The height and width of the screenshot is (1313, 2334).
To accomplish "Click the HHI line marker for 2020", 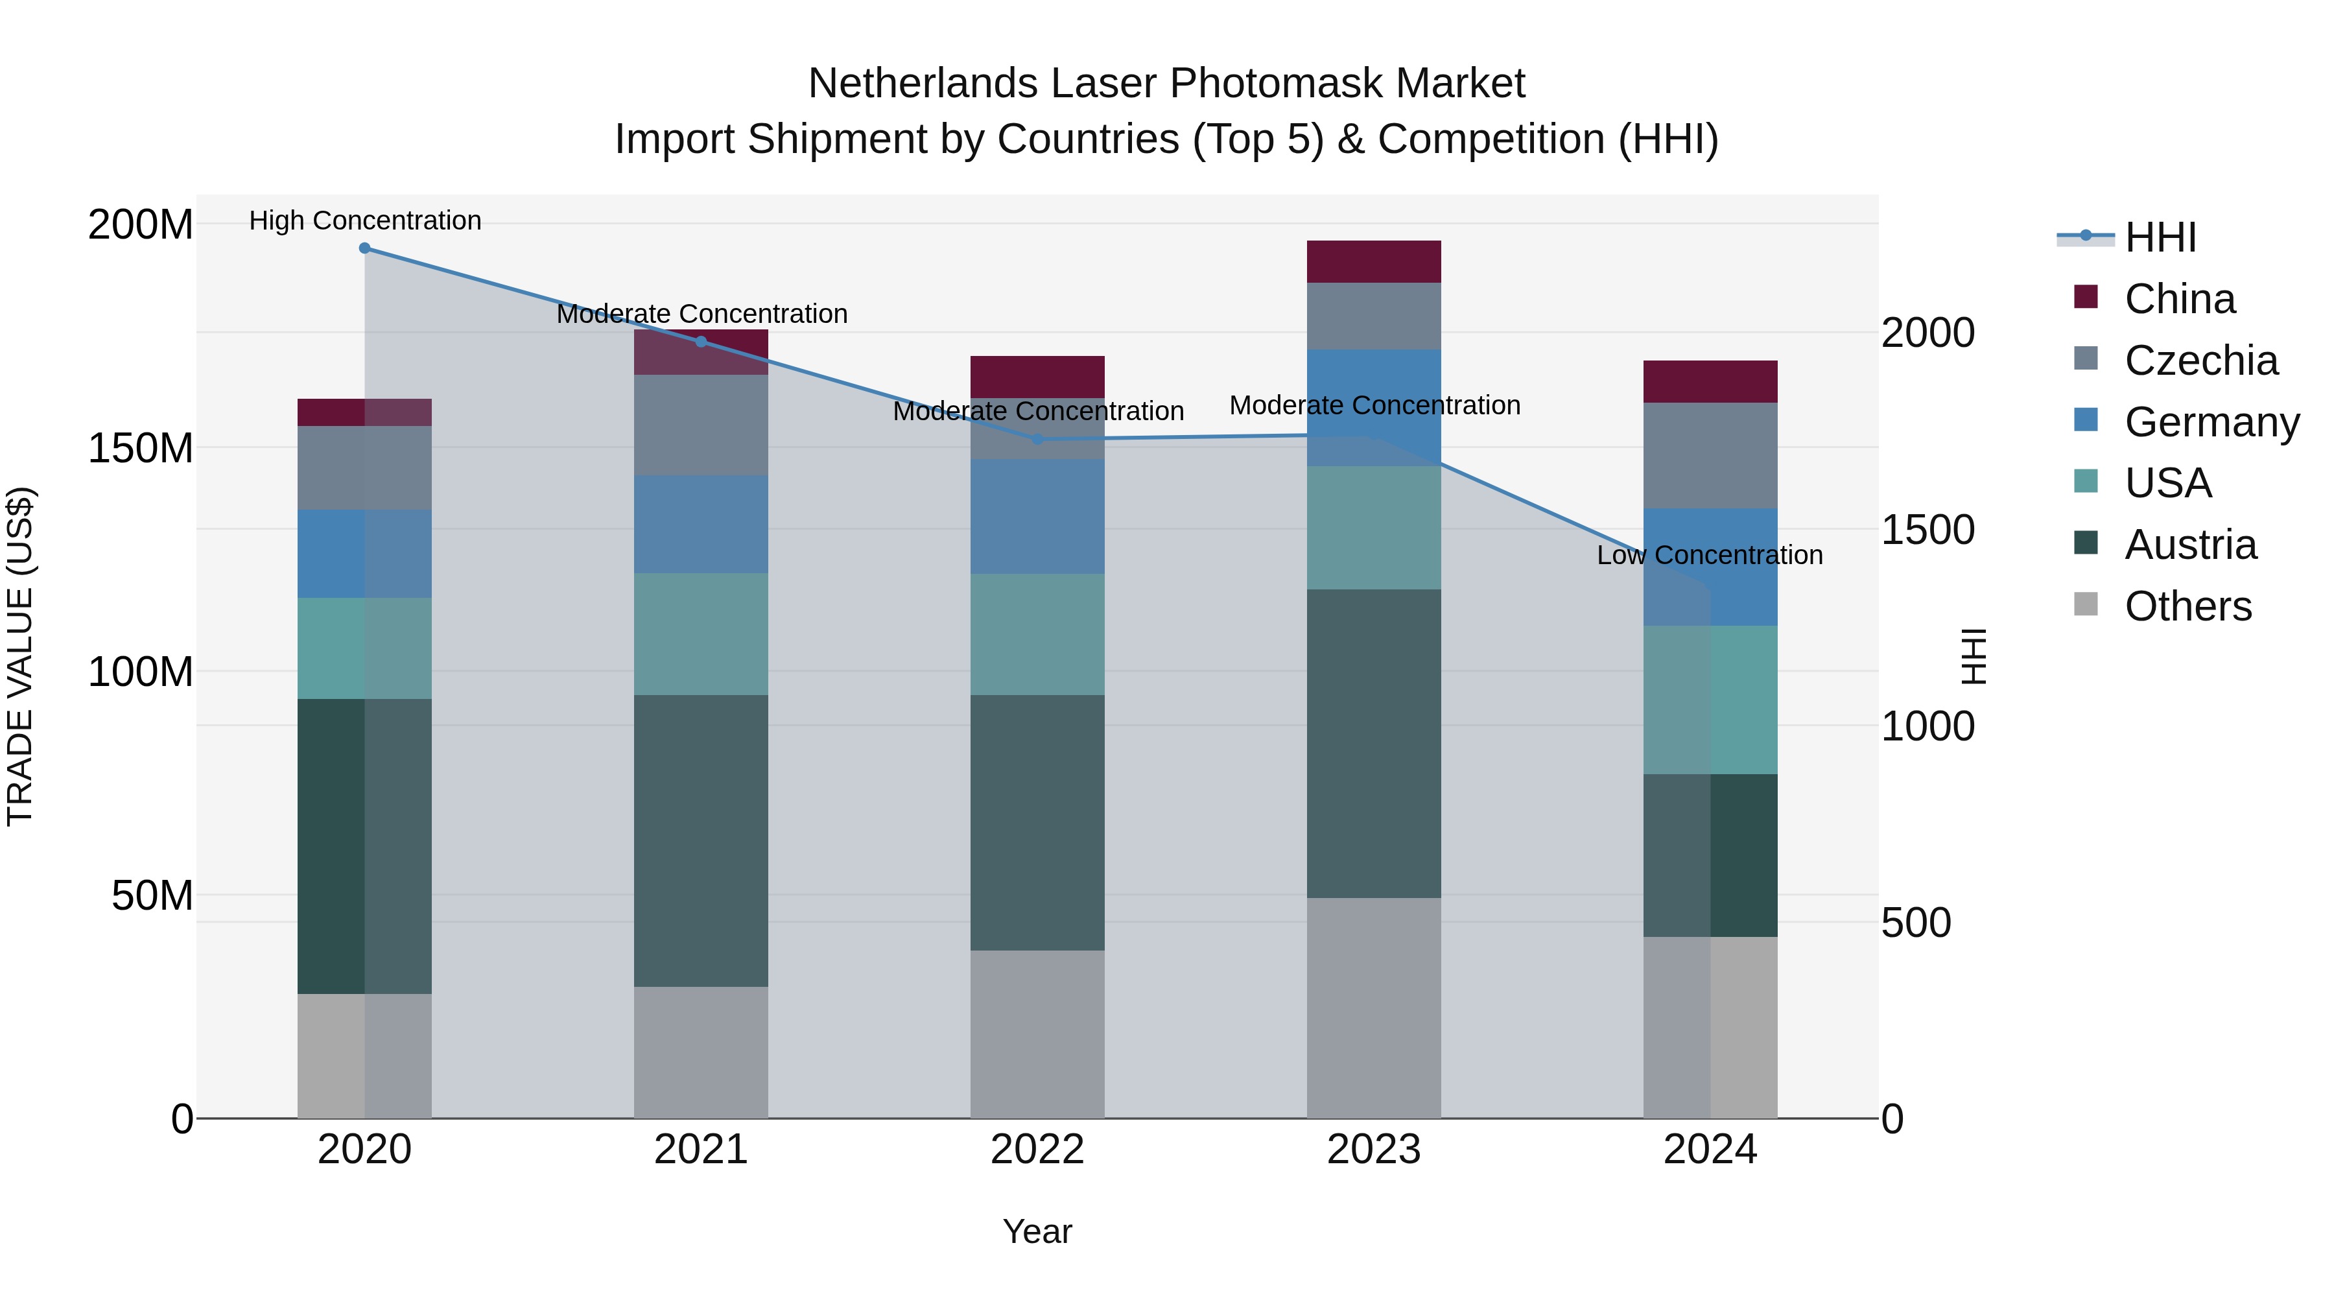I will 364,248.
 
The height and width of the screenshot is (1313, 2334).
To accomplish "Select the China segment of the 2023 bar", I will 1374,262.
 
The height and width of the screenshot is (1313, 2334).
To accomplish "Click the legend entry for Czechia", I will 2200,361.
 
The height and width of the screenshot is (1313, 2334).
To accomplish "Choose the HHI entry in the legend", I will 2160,237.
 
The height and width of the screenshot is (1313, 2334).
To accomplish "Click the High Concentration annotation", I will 365,220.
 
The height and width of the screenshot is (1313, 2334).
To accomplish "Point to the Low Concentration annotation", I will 1709,554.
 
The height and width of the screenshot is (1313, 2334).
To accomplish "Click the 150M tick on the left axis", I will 141,447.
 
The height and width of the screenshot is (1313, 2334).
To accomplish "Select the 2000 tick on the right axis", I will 1927,333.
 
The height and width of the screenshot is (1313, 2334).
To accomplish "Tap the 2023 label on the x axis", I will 1374,1150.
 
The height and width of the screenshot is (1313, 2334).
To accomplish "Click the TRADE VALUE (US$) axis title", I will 20,656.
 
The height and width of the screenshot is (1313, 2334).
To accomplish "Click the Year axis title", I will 1037,1231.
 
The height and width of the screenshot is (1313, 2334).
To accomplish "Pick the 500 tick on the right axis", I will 1915,923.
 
